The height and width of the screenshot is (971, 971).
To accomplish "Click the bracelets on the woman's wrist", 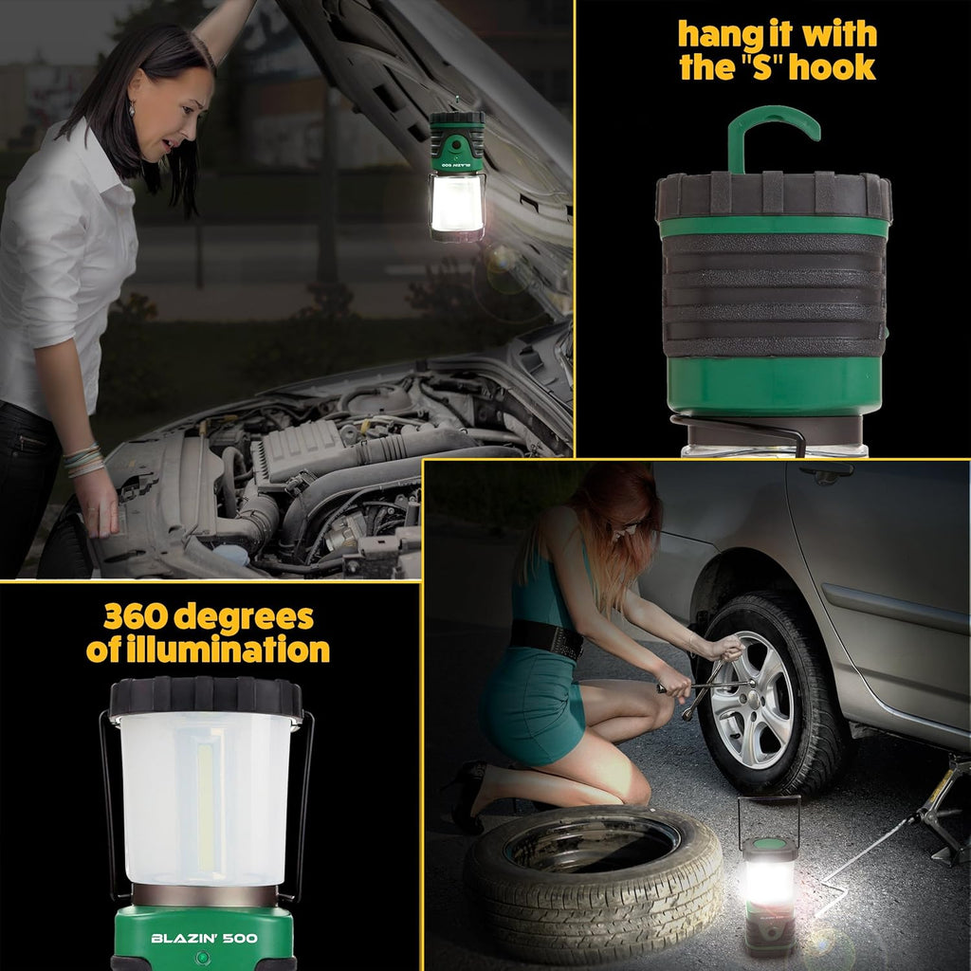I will [83, 461].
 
